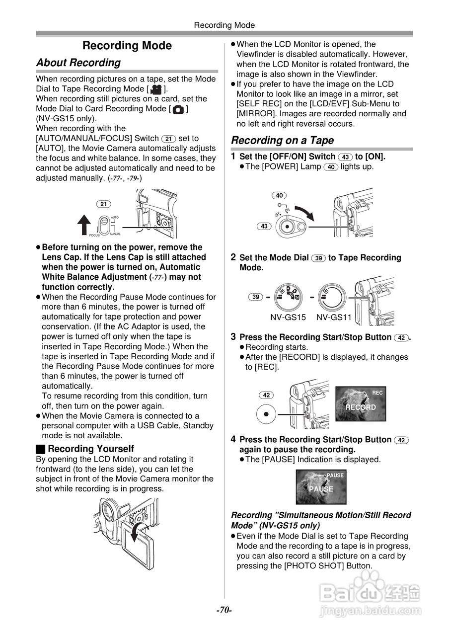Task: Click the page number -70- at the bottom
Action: click(x=224, y=610)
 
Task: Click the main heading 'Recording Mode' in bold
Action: click(x=127, y=46)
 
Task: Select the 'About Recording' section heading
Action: click(x=78, y=63)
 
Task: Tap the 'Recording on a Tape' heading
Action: click(x=282, y=140)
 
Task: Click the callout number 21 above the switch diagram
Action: click(x=103, y=204)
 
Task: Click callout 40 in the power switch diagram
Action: click(x=279, y=195)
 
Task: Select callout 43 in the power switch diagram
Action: click(x=264, y=226)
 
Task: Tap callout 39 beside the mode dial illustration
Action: click(x=256, y=297)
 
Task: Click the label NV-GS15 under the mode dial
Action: click(x=288, y=317)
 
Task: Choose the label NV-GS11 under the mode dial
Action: click(x=334, y=317)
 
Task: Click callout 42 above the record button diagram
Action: click(x=266, y=395)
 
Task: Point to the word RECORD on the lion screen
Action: click(x=361, y=407)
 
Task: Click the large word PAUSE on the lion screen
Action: click(x=321, y=489)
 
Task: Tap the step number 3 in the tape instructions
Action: click(x=233, y=337)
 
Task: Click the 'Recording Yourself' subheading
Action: click(x=90, y=449)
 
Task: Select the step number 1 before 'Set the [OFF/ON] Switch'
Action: click(x=233, y=157)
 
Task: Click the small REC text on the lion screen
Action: click(x=377, y=393)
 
